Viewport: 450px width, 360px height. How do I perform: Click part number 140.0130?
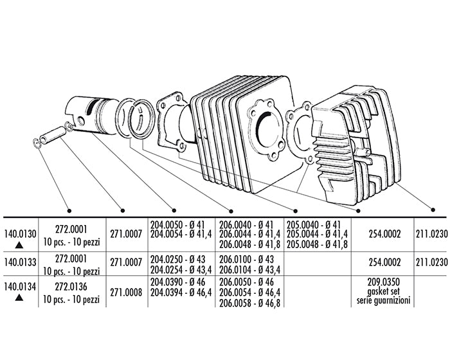click(x=20, y=234)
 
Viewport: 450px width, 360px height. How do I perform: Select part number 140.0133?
click(x=20, y=262)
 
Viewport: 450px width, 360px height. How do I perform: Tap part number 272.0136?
click(x=71, y=287)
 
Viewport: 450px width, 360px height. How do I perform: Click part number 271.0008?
click(x=126, y=292)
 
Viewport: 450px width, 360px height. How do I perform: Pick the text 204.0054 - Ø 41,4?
click(x=181, y=234)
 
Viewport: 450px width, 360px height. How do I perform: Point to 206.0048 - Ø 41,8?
click(x=249, y=244)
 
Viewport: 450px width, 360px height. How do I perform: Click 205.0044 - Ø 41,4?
click(x=317, y=234)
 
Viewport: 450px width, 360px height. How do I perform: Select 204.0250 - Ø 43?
click(x=178, y=259)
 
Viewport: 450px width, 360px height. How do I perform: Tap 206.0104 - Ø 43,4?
click(x=249, y=269)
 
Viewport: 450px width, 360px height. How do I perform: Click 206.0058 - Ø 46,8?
click(x=249, y=303)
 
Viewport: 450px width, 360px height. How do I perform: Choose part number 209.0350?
click(x=383, y=282)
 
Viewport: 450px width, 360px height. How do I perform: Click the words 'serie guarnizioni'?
click(x=383, y=300)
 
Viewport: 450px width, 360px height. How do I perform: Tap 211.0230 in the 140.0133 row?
click(x=431, y=262)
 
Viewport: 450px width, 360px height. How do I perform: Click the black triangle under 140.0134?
click(x=19, y=298)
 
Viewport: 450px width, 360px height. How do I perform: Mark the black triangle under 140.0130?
click(x=19, y=245)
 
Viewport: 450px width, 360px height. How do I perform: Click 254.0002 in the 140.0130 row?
click(x=384, y=234)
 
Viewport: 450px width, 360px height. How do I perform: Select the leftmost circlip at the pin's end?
click(x=37, y=143)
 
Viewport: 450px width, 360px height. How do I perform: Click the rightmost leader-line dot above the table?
click(x=433, y=210)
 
